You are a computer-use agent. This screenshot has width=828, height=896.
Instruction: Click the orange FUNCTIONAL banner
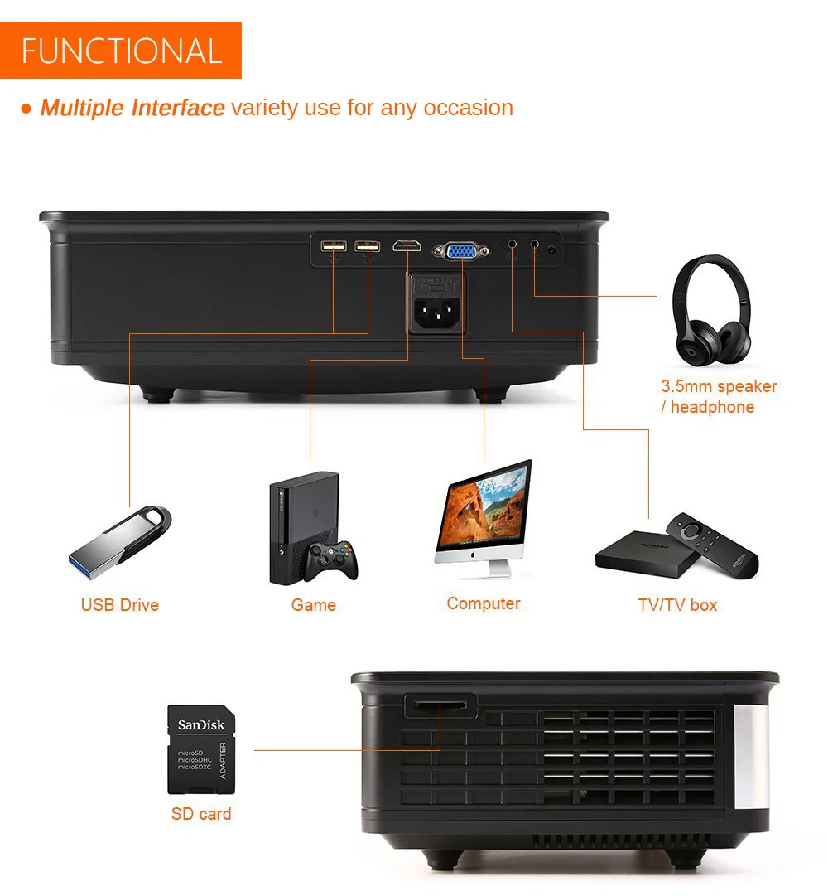[121, 51]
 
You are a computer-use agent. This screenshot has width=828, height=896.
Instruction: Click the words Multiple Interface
[132, 108]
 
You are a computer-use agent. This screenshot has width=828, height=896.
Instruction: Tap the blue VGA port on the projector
[461, 249]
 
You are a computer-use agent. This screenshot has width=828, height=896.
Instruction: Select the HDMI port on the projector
[407, 246]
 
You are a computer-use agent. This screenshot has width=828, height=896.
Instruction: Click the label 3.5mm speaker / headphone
[718, 396]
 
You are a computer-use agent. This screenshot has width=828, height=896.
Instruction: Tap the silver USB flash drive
[121, 543]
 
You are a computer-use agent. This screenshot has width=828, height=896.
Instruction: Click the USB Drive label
[120, 605]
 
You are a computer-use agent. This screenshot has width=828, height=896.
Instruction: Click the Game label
[314, 605]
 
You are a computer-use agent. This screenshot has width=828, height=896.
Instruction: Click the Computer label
[484, 603]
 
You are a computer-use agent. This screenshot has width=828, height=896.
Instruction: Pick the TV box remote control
[711, 544]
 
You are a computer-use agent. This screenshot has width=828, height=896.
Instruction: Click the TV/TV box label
[677, 605]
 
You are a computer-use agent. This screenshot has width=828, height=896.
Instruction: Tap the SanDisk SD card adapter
[201, 749]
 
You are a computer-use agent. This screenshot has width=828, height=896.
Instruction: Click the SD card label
[201, 814]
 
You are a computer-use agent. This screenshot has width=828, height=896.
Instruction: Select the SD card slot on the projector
[440, 706]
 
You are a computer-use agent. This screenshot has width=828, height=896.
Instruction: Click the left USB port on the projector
[333, 246]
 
